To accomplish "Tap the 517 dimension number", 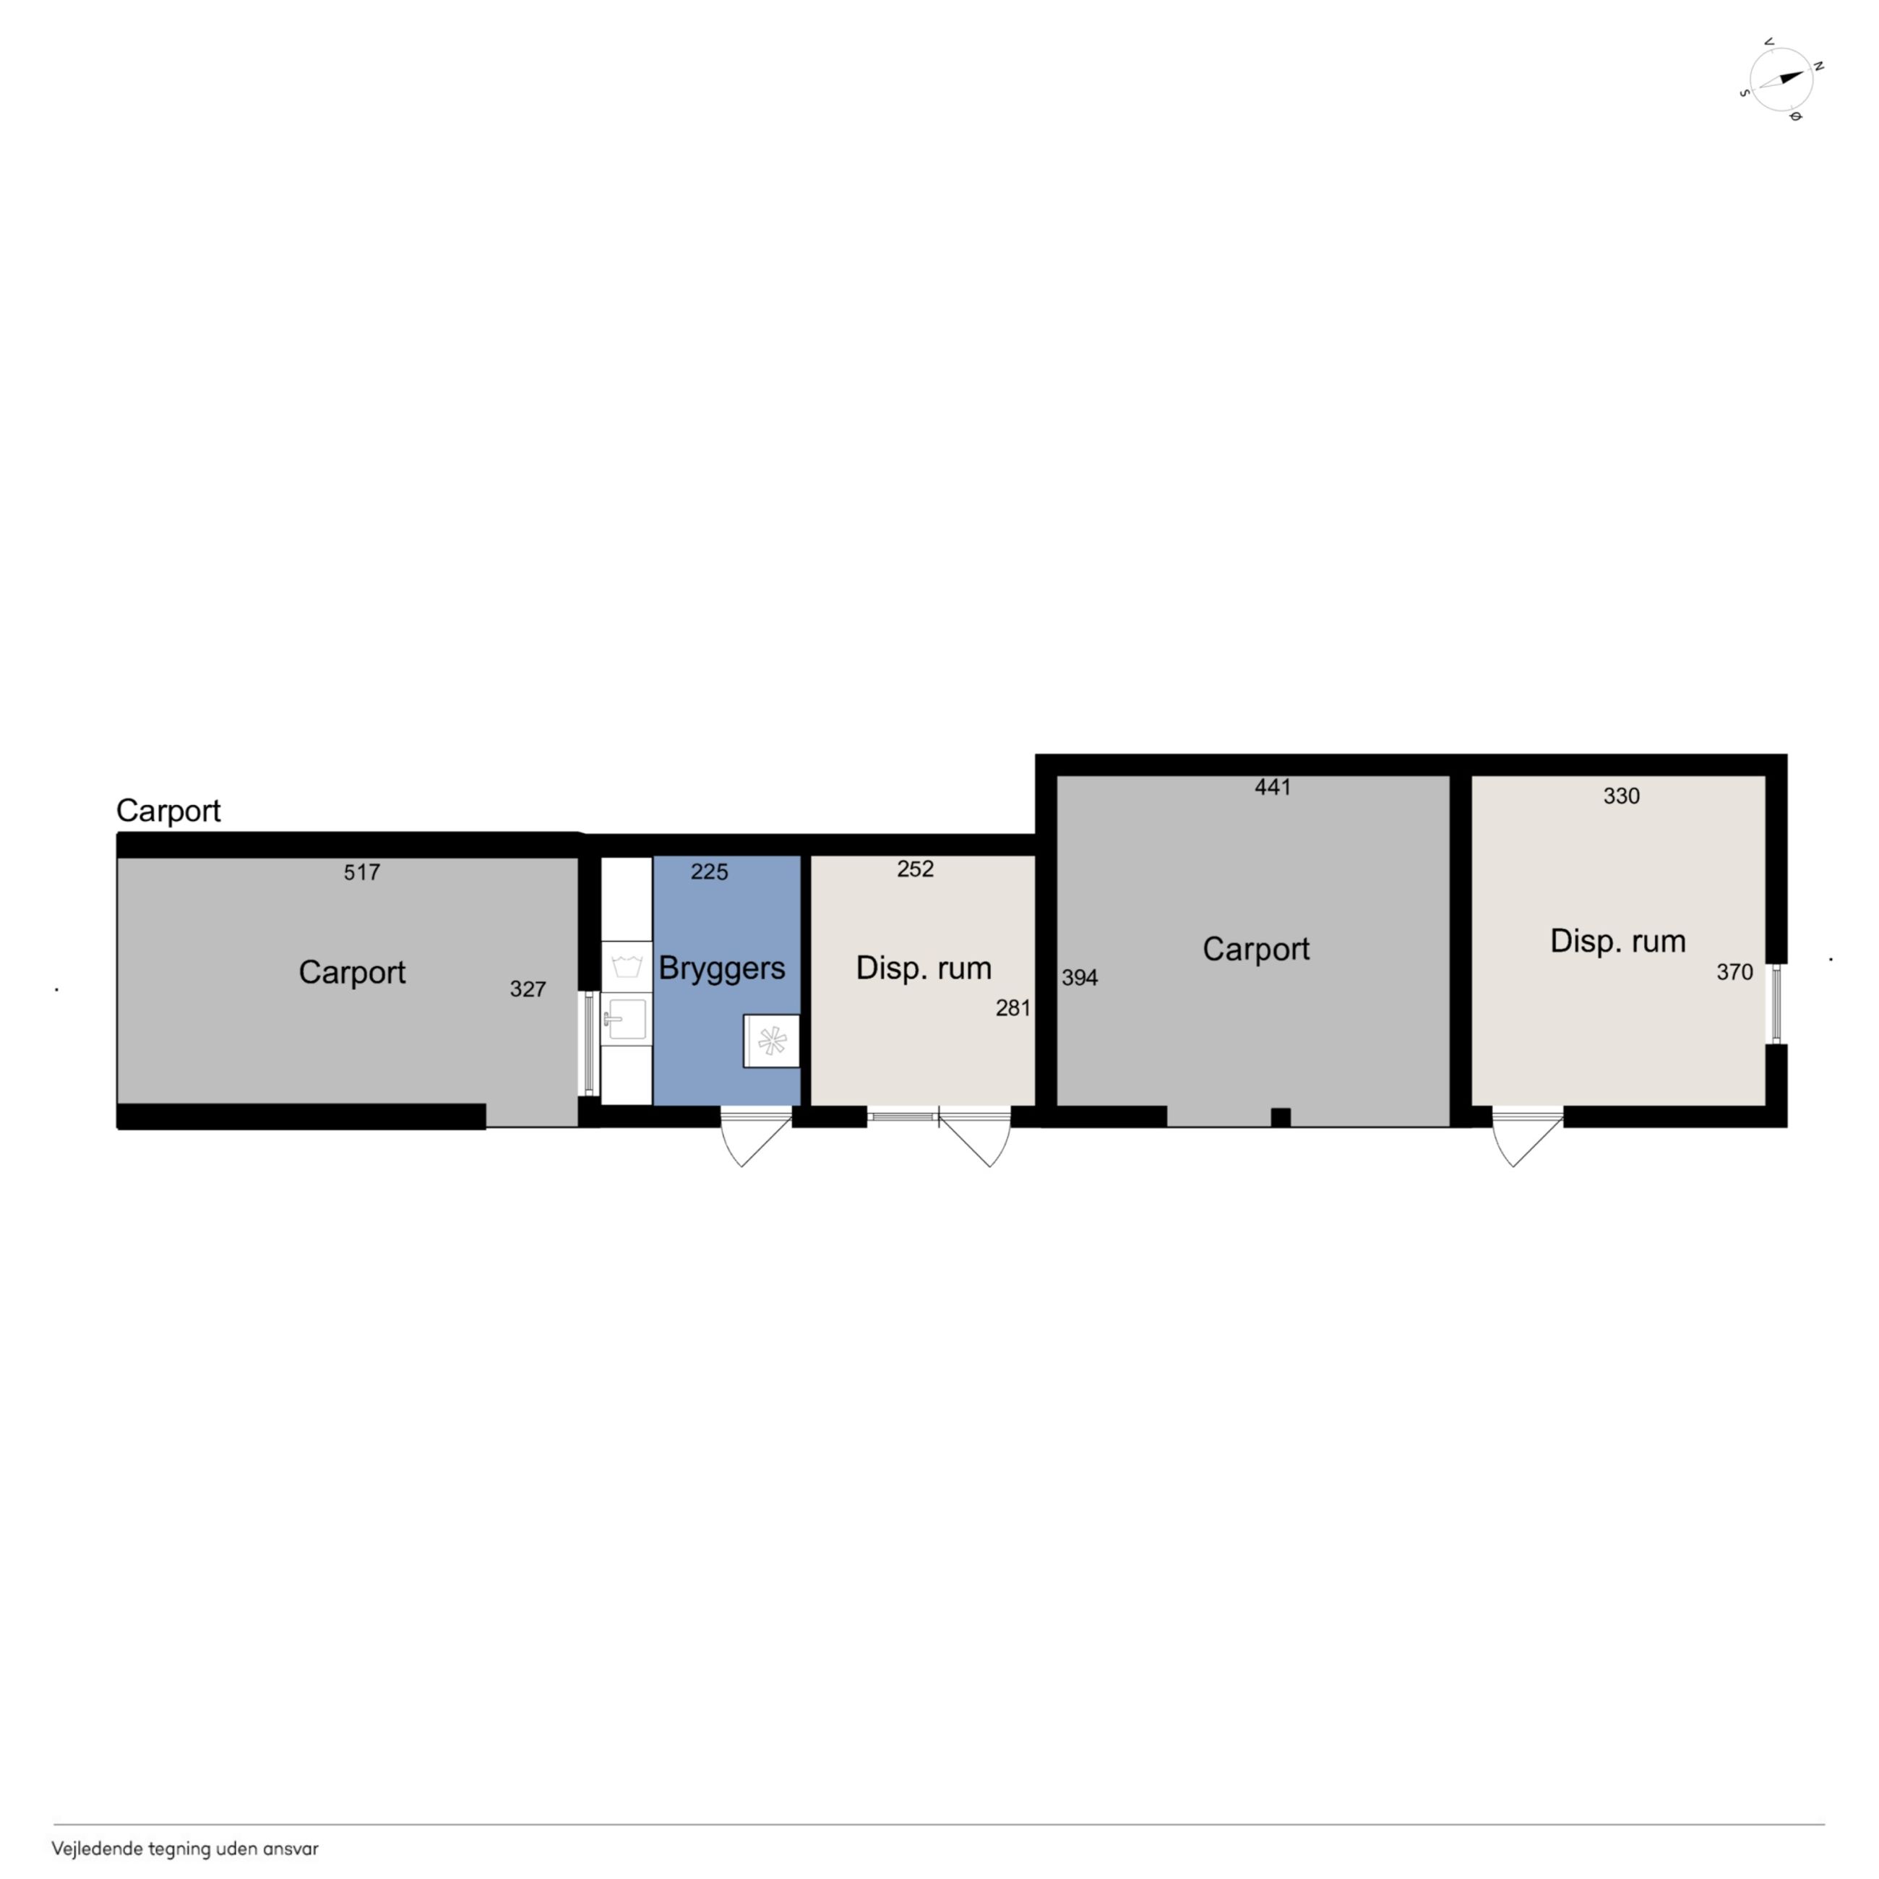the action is coord(362,872).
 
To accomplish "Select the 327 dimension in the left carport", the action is coord(528,989).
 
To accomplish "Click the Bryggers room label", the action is coord(722,968).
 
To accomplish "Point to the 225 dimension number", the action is coord(709,872).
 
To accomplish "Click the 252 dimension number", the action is coord(915,869).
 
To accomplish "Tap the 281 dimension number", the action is coord(1012,1007).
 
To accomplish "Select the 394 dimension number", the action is coord(1080,977).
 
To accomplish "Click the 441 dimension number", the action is coord(1272,787).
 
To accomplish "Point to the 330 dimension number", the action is coord(1621,796).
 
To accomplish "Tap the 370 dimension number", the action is coord(1734,971).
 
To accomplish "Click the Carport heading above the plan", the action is coord(168,810).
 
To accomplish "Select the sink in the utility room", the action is coord(625,1019).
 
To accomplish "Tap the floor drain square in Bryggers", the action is coord(771,1041).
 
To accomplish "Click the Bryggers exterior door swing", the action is coord(756,1136).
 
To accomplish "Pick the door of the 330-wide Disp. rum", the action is coord(1528,1136).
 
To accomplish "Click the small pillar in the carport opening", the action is coord(1281,1117).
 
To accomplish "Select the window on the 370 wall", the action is coord(1776,1002).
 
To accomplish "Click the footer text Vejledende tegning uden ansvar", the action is coord(185,1849).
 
